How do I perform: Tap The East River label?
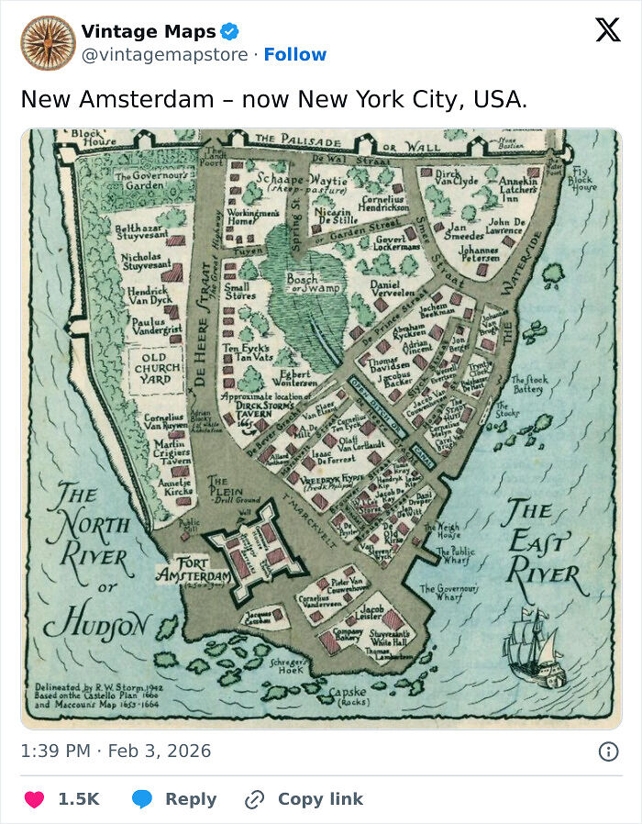(541, 546)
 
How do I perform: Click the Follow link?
(294, 54)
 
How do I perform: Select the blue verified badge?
(230, 32)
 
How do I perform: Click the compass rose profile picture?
(48, 43)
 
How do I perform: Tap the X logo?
(607, 30)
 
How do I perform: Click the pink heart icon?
(34, 799)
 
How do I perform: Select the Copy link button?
(305, 799)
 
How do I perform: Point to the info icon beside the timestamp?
(607, 752)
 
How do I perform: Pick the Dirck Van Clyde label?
(456, 177)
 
